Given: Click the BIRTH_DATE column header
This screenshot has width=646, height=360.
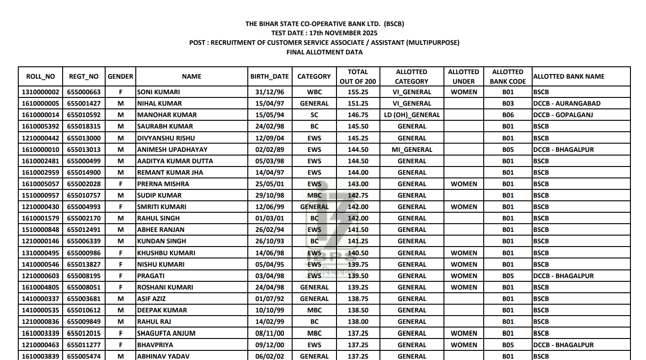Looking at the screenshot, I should [269, 76].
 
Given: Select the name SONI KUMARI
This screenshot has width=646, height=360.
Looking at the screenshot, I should [158, 92].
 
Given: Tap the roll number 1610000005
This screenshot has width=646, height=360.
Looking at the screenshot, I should [41, 103].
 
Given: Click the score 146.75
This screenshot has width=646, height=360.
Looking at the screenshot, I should [358, 115].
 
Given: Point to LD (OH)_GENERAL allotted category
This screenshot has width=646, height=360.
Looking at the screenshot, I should [411, 115].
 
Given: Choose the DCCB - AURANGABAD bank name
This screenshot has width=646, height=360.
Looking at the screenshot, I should [566, 103].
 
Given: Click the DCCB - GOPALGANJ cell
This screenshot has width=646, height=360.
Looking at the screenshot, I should [563, 115].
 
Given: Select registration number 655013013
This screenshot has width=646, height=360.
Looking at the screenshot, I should [84, 150].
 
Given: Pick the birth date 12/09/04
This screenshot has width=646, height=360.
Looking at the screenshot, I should [269, 138].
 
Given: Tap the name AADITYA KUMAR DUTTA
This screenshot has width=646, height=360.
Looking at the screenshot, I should [175, 161].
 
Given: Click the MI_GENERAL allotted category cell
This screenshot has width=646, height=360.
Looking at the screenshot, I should [411, 150].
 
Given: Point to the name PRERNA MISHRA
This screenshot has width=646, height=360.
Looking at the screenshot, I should [163, 184].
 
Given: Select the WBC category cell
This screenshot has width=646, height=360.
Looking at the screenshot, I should [314, 92].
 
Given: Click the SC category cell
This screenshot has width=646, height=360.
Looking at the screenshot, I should [314, 115].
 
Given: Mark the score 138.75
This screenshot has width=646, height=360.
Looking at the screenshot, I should [358, 299].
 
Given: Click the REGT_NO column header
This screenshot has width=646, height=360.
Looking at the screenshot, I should [84, 76].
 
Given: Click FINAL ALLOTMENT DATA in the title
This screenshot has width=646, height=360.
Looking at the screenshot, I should [324, 52].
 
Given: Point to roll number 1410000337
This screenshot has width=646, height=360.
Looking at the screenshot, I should [41, 299].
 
